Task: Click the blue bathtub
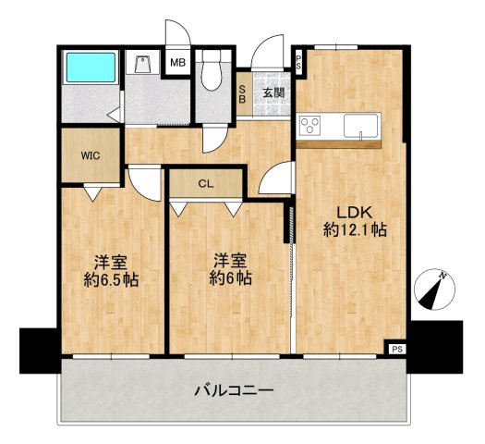point(91,68)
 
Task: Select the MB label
point(178,63)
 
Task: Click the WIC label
point(91,155)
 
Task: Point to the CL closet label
point(206,184)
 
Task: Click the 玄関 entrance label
point(273,92)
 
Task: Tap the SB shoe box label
point(243,93)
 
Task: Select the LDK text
point(355,213)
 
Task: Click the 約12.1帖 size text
point(355,230)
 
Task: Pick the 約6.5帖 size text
point(111,280)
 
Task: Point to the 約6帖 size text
point(230,277)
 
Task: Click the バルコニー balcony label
point(234,390)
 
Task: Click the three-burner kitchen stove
point(309,126)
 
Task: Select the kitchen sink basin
point(360,126)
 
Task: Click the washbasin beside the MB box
point(143,65)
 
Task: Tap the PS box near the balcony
point(397,350)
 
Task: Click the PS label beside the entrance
point(298,62)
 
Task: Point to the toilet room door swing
point(215,140)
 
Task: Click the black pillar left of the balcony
point(39,351)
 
